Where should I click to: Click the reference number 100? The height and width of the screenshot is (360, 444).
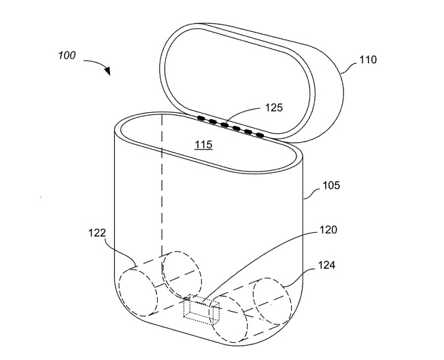[67, 55]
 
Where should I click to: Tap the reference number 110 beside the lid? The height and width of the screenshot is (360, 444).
[368, 59]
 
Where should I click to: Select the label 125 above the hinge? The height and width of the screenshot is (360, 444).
[274, 108]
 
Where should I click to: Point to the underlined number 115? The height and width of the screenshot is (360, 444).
[203, 144]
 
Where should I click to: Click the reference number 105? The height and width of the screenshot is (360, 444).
[331, 185]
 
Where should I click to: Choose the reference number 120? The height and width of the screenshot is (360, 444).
[328, 229]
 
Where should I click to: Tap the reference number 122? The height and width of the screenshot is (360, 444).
[97, 233]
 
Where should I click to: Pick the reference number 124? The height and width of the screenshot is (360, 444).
[327, 265]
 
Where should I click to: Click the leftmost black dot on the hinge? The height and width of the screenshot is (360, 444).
[201, 118]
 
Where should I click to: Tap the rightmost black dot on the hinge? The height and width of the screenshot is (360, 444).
[260, 135]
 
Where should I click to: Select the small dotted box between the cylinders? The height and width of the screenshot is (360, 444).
[201, 309]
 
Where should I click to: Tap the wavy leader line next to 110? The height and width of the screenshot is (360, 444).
[349, 67]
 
